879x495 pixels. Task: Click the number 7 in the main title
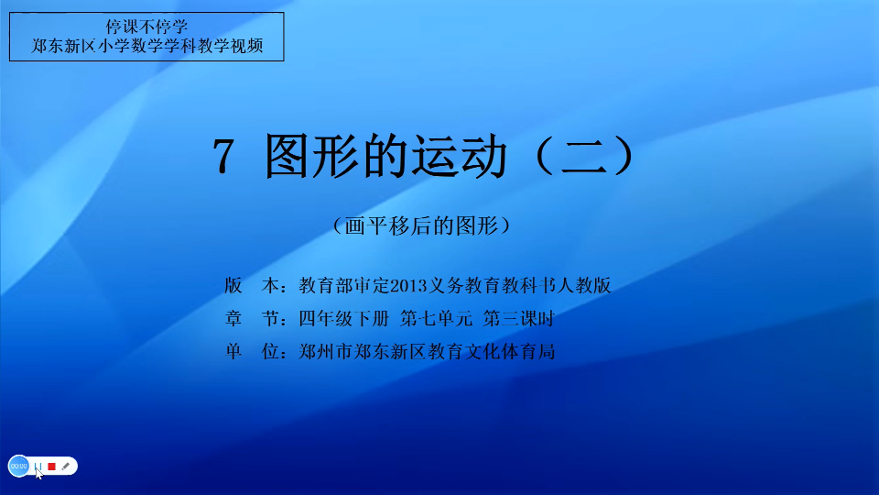point(222,157)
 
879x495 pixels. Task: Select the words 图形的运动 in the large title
point(386,156)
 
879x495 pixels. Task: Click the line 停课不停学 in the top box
point(146,27)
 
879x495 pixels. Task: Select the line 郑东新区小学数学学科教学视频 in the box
point(146,46)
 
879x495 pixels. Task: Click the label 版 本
point(253,285)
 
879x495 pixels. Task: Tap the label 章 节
point(253,318)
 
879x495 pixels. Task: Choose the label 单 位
point(253,351)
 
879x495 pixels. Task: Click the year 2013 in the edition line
point(408,286)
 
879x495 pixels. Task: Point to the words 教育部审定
point(343,285)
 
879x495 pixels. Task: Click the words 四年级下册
point(343,318)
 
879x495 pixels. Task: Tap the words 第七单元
point(436,318)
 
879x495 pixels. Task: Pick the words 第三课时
point(518,318)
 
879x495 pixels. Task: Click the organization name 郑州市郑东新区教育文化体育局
point(427,351)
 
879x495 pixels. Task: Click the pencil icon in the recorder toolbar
point(66,466)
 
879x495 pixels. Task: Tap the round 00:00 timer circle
point(18,466)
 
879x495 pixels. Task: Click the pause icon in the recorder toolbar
point(38,466)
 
